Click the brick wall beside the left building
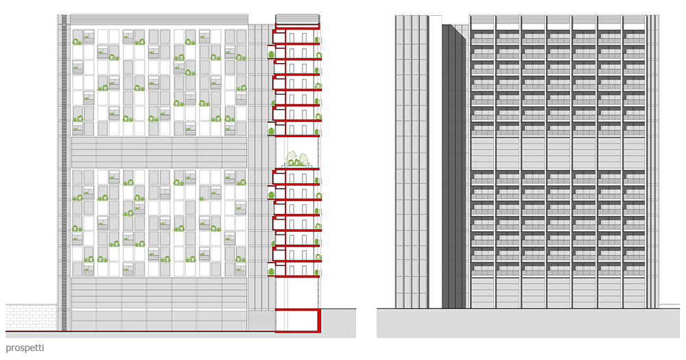tap(31, 317)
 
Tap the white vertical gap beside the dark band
tap(435, 165)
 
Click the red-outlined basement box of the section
tap(298, 321)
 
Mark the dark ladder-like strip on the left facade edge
tap(64, 171)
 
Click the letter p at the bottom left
tap(8, 349)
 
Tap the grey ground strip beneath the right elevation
tap(528, 324)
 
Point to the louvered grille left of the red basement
tap(261, 320)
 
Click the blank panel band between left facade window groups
tap(158, 152)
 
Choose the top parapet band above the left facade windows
tap(158, 20)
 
